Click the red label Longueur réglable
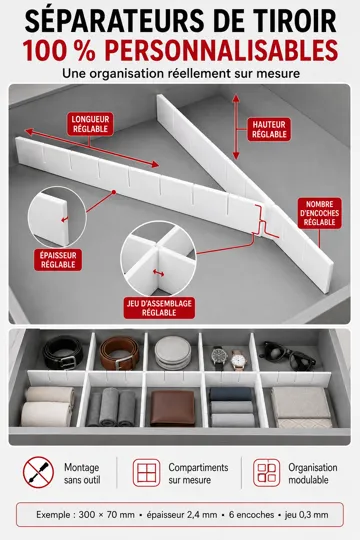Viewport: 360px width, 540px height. tap(90, 124)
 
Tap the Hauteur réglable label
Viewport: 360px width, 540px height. tap(269, 129)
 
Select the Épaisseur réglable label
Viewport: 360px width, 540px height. tap(58, 260)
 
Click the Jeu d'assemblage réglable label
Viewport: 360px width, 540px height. tap(159, 308)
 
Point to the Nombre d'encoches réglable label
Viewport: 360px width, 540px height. tap(319, 213)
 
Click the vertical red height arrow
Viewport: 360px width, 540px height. tap(236, 127)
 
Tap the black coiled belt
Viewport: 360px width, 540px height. tap(63, 352)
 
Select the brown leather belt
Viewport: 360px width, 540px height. tap(119, 353)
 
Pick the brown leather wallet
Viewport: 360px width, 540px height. tap(173, 408)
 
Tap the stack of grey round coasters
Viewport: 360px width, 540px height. tap(173, 353)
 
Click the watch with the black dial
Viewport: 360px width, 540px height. tap(218, 357)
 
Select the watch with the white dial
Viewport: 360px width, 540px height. tap(238, 360)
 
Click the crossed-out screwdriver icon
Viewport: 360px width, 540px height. tap(38, 472)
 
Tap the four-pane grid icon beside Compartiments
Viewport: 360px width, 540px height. tap(146, 472)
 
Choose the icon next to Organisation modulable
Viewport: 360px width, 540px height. tap(267, 472)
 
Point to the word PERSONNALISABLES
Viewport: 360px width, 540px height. tap(221, 50)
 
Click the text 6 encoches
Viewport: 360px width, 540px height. tap(251, 515)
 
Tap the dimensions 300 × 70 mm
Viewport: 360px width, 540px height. tap(106, 515)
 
